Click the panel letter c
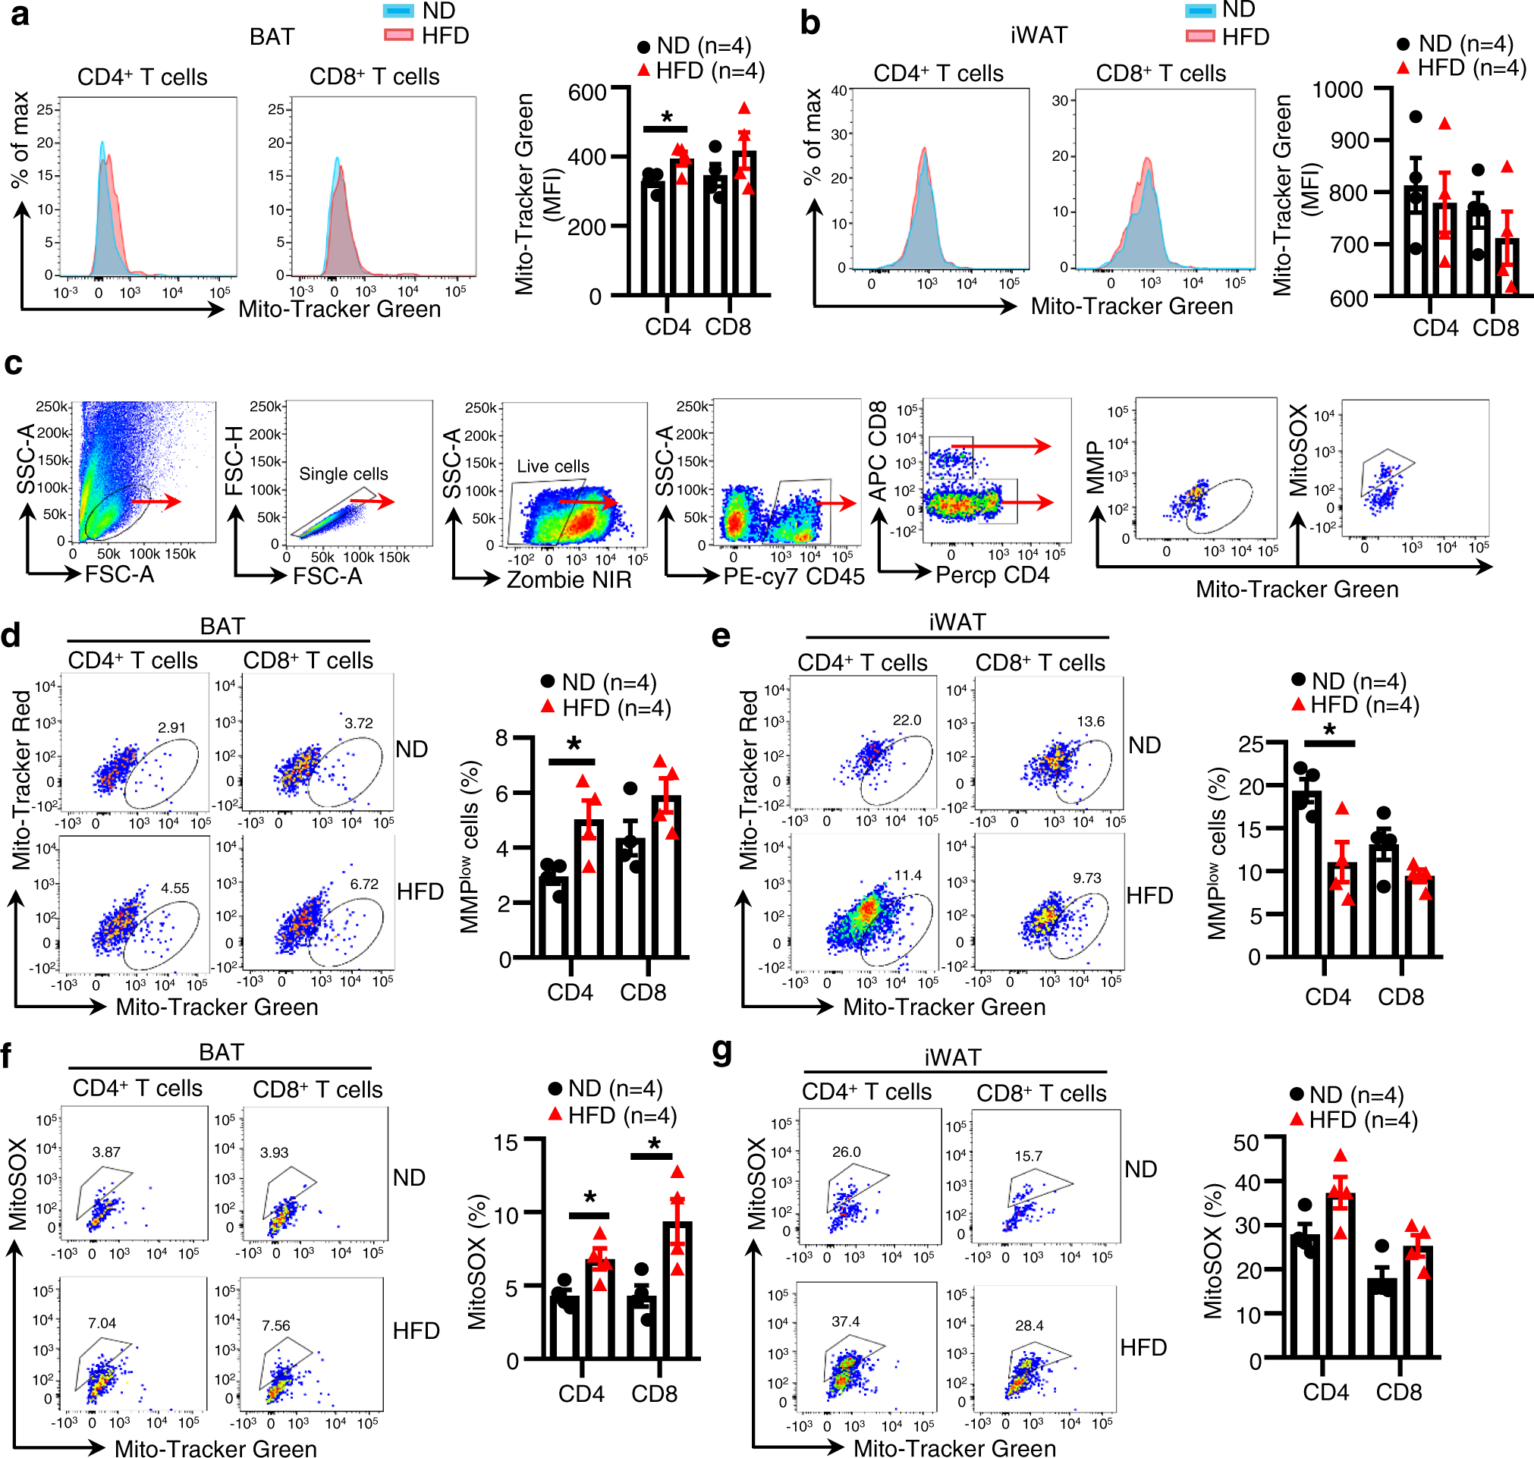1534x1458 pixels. point(13,364)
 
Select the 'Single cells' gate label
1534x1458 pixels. point(344,474)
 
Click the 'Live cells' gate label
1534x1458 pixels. point(552,467)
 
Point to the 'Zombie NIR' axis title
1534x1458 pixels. point(569,580)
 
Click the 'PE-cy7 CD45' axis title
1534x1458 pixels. point(794,577)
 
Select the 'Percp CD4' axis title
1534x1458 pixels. point(992,575)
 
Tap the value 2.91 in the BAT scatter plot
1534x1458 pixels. point(171,727)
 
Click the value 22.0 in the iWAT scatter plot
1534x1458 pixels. point(906,720)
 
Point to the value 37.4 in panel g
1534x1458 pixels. point(845,1321)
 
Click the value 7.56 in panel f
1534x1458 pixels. point(276,1325)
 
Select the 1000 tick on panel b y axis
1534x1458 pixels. point(1338,90)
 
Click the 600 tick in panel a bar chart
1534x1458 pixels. point(586,93)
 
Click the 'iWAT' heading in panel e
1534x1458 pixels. point(957,623)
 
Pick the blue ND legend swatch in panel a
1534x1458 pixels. point(398,11)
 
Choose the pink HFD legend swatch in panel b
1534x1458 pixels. point(1199,36)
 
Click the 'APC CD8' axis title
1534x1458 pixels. point(877,451)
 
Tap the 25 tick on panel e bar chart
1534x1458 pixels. point(1250,743)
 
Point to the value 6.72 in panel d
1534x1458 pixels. point(363,884)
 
